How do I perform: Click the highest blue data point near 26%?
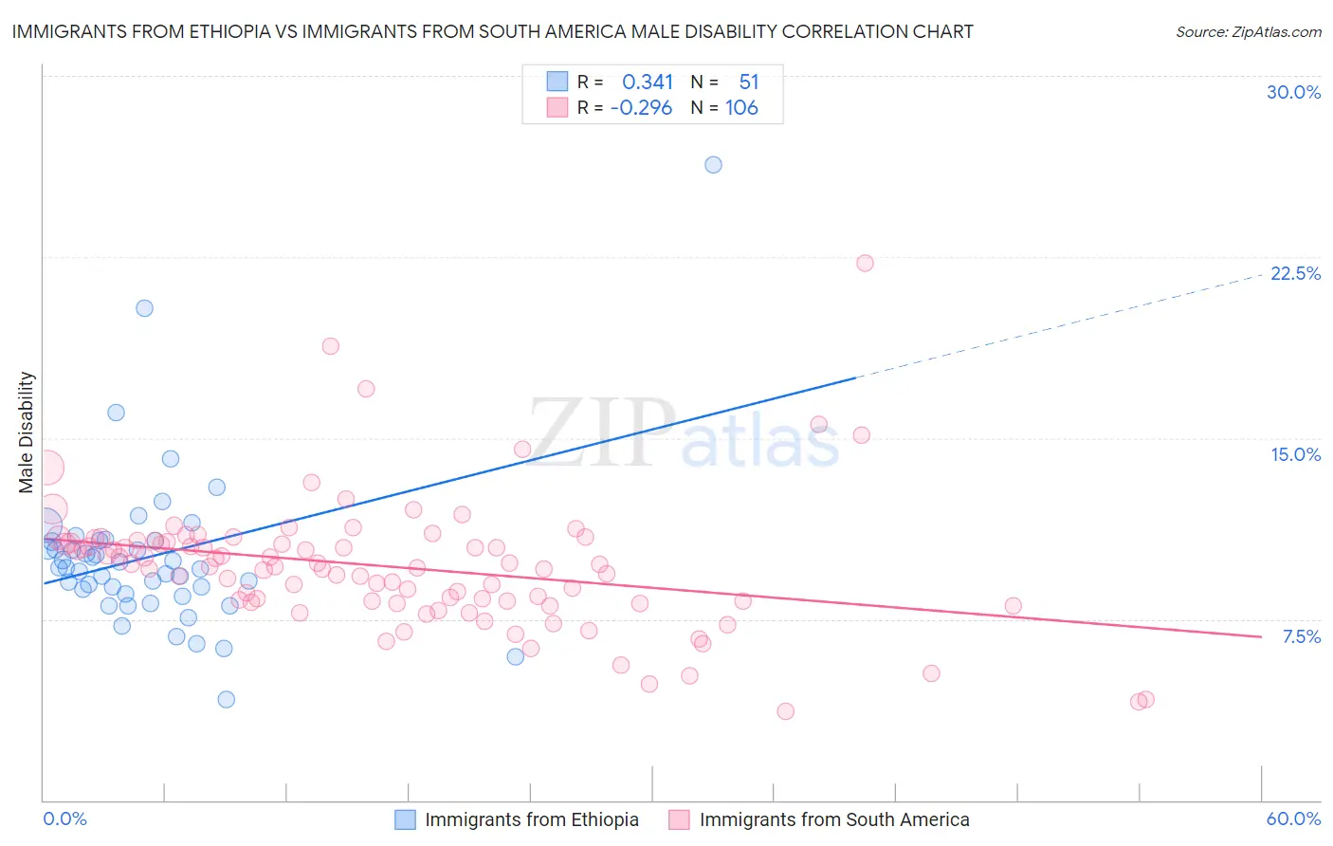point(714,165)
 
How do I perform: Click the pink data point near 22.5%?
point(865,264)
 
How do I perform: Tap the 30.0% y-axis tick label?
point(1293,92)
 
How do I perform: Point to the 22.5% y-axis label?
point(1295,273)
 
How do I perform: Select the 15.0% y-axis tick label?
point(1295,454)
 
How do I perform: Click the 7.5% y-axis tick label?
point(1301,636)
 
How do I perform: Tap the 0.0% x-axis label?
point(65,819)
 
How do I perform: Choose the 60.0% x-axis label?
point(1293,819)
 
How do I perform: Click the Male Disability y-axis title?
point(27,432)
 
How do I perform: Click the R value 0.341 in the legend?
point(648,83)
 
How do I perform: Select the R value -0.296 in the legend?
point(641,108)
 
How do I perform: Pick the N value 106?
point(741,108)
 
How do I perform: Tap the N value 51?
point(749,83)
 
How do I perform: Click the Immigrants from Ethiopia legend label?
point(532,820)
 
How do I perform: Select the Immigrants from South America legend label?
point(834,820)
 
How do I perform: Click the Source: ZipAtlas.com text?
point(1248,32)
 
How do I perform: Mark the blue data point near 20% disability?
point(144,308)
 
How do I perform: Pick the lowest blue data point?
point(226,700)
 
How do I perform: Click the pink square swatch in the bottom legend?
point(679,820)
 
